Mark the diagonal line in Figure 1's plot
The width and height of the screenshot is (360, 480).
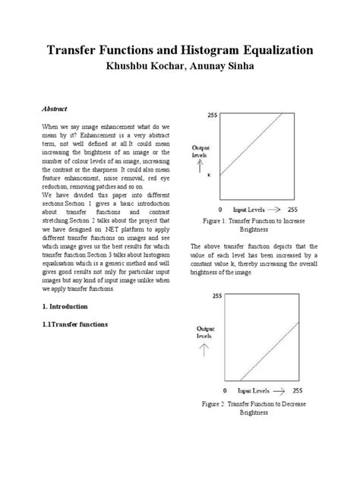pyautogui.click(x=256, y=157)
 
